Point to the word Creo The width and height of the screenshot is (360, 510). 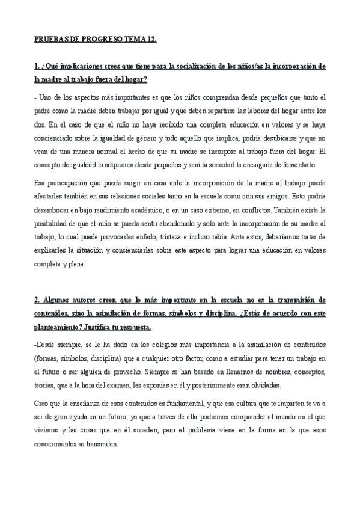coord(42,404)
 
